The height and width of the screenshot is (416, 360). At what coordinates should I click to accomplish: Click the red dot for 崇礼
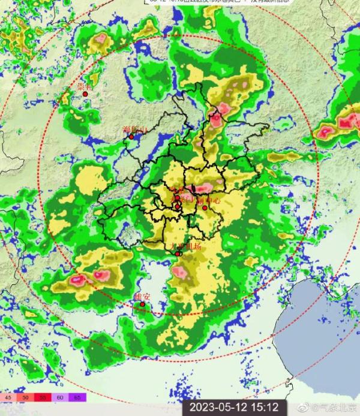coord(86,94)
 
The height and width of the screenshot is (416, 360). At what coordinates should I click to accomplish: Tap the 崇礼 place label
coord(85,87)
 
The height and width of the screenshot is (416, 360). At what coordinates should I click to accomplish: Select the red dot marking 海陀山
coord(131,137)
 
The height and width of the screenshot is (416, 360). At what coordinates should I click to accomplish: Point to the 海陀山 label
coord(133,129)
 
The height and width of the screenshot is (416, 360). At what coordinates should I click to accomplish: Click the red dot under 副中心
coord(205,208)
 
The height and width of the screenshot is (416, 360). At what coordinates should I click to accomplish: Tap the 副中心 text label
coord(208,201)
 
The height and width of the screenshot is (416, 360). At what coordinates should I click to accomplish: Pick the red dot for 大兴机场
coord(178,254)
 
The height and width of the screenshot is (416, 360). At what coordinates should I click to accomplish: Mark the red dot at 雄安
coord(143,305)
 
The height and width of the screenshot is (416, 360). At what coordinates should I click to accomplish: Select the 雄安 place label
coord(143,297)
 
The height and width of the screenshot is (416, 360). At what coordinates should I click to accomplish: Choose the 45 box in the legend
coord(9,397)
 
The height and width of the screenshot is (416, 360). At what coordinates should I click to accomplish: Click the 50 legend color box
coord(26,397)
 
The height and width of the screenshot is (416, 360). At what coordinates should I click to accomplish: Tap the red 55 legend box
coord(44,397)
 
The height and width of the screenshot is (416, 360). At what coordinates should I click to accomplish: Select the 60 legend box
coord(61,397)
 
